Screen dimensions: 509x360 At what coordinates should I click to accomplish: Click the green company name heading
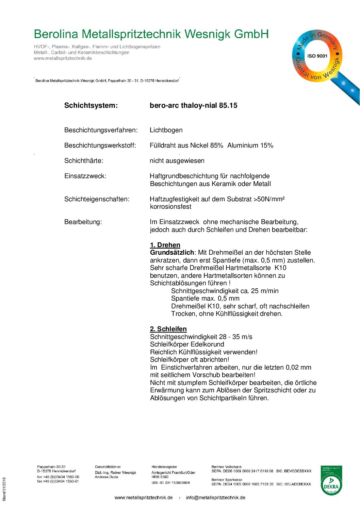coord(151,34)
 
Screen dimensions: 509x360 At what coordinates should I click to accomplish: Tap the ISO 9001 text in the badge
coord(317,56)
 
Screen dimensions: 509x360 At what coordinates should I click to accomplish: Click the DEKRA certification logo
coord(331,480)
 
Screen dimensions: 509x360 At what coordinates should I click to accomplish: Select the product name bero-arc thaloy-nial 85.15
coord(193,105)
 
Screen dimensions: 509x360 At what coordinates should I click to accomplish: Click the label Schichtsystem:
coord(91,105)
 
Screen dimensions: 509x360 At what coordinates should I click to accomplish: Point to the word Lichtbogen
coord(166,130)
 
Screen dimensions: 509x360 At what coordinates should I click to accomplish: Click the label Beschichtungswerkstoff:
coord(100,146)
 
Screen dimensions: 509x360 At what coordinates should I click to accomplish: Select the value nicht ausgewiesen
coord(177,161)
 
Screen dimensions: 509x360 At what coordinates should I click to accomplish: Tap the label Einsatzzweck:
coord(85,176)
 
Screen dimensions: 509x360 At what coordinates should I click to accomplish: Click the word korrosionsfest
coord(170,207)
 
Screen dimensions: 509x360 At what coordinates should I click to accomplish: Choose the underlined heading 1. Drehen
coord(165,245)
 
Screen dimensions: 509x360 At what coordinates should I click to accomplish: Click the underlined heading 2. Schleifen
coord(168,329)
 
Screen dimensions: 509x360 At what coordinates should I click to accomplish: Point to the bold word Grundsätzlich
coord(172,253)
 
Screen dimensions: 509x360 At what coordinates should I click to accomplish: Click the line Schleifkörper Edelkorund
coord(187,344)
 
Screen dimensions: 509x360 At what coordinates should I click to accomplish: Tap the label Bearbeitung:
coord(83,222)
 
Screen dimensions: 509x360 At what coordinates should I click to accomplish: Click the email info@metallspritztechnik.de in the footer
coord(215,497)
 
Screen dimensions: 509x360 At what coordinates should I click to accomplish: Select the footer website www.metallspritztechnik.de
coord(143,497)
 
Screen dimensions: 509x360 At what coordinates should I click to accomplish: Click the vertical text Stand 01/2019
coord(4,489)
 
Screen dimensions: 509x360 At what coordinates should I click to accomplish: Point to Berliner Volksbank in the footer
coord(226,467)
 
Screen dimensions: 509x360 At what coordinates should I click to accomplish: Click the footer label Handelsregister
coord(164,467)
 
